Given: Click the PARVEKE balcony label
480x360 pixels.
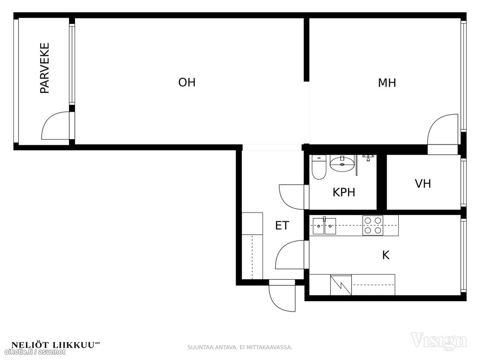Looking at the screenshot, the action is pyautogui.click(x=45, y=68).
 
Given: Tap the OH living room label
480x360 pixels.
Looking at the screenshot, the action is pyautogui.click(x=187, y=82).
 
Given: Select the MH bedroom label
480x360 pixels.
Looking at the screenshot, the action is pyautogui.click(x=387, y=83).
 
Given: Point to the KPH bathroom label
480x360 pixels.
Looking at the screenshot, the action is pyautogui.click(x=344, y=192).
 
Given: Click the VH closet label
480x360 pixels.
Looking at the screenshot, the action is pyautogui.click(x=423, y=184).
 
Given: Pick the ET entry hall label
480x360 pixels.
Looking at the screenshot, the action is pyautogui.click(x=282, y=226).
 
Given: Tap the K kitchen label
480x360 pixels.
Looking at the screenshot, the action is pyautogui.click(x=386, y=255).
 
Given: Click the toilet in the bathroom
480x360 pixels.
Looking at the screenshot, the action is pyautogui.click(x=319, y=168).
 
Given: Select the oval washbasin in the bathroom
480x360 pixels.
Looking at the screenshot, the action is pyautogui.click(x=342, y=163).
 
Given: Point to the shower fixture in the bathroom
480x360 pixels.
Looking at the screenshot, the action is pyautogui.click(x=368, y=158).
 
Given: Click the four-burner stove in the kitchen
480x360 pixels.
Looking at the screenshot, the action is pyautogui.click(x=373, y=225).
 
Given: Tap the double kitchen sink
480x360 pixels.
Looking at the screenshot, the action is pyautogui.click(x=324, y=226).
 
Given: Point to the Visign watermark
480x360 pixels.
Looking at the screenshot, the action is pyautogui.click(x=439, y=341).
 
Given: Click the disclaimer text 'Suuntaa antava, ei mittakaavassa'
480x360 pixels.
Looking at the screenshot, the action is pyautogui.click(x=240, y=347).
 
